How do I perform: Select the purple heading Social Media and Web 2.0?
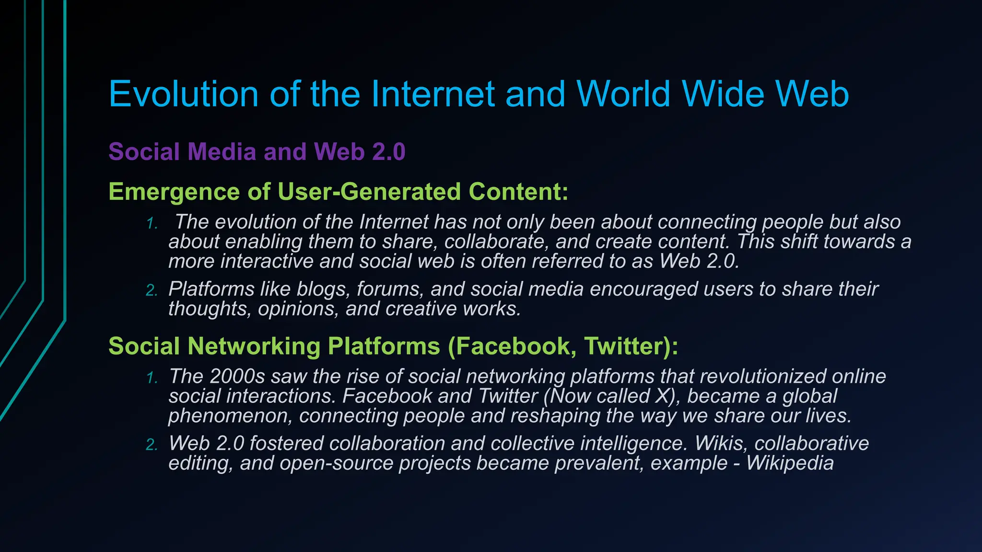click(257, 151)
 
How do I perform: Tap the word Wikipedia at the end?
click(790, 463)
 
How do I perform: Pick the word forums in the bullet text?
click(389, 289)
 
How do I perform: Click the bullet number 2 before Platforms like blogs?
click(152, 290)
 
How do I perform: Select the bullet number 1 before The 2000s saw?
click(152, 378)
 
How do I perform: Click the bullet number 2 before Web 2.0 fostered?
click(152, 445)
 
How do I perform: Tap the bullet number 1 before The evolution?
click(152, 223)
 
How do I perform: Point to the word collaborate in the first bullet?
click(496, 242)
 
